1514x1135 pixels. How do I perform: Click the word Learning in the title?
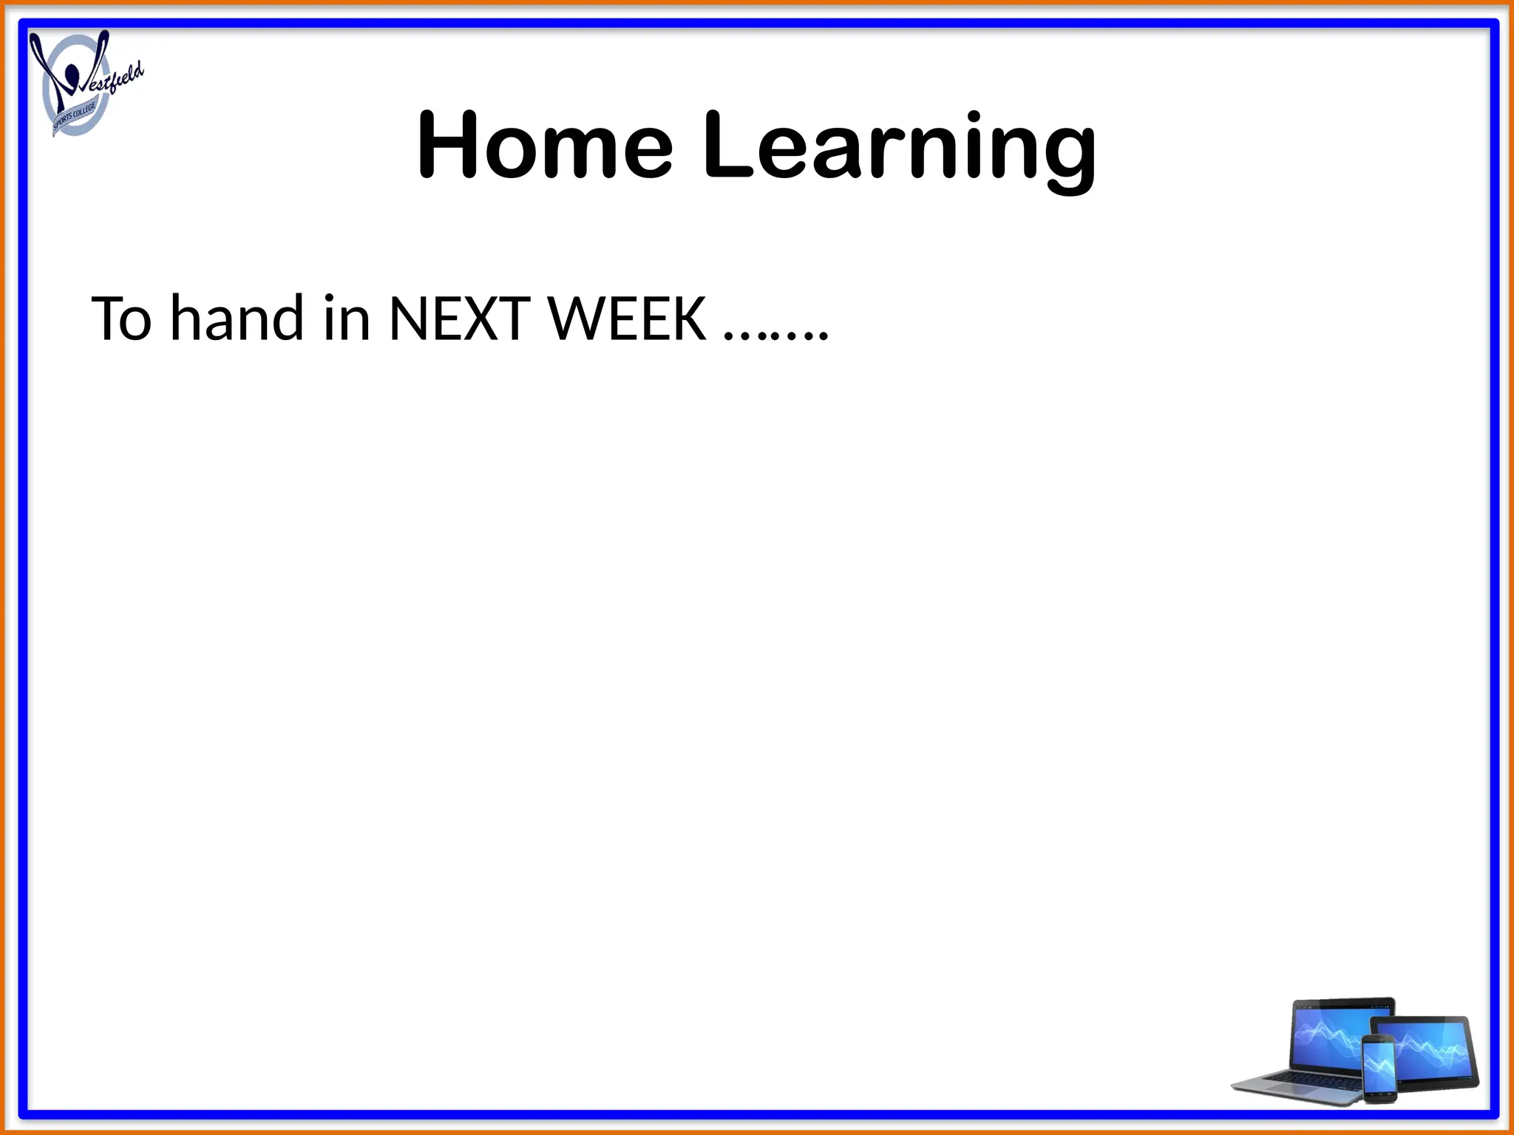[898, 148]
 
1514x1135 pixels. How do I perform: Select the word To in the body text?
[121, 319]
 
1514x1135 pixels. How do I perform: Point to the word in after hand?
[347, 319]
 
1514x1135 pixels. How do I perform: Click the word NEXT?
[458, 319]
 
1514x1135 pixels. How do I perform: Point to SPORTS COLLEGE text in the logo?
[74, 118]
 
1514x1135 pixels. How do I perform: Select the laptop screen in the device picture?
[1331, 1035]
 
